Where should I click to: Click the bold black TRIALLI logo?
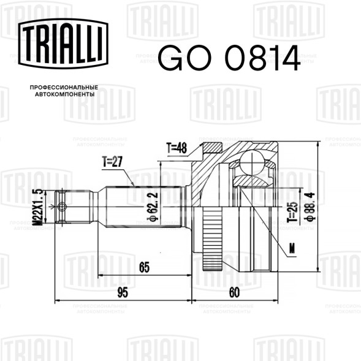tap(63, 44)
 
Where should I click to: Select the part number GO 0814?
tap(229, 58)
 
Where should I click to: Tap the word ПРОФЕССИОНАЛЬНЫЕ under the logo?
tap(64, 88)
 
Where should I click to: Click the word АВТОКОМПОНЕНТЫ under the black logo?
tap(65, 94)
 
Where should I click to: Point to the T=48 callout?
tap(177, 148)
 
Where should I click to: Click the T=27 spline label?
tap(112, 162)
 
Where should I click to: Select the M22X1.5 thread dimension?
tap(38, 207)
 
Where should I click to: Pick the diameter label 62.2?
tap(154, 207)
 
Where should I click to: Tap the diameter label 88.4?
tap(310, 207)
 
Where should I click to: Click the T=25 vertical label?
tap(294, 212)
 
